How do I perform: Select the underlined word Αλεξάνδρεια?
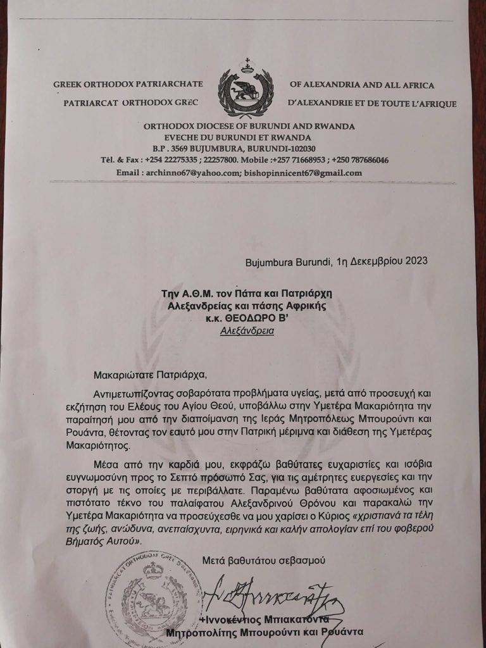coord(247,330)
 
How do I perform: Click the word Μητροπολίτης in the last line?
coord(204,633)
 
